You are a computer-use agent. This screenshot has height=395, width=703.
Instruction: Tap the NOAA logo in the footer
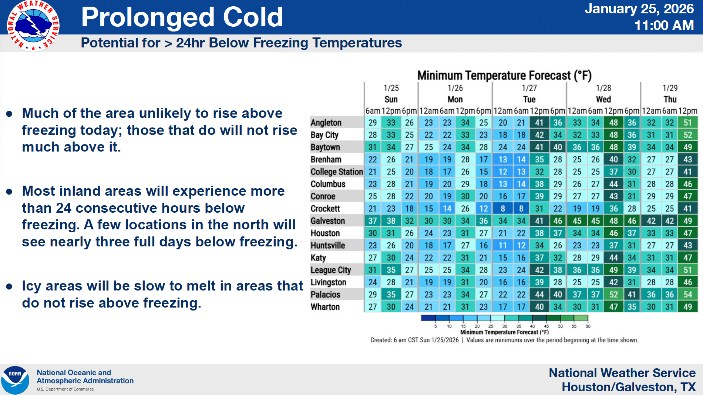pos(15,380)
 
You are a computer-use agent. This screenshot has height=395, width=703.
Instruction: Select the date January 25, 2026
pos(639,9)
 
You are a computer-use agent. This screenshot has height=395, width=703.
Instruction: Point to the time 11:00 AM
pos(664,26)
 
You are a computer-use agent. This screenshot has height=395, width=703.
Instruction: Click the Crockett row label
pos(325,209)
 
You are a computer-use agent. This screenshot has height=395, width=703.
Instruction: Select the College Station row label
pos(337,172)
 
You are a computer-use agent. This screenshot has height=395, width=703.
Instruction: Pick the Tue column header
pos(529,99)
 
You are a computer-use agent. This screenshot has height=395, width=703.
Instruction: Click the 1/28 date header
pos(603,88)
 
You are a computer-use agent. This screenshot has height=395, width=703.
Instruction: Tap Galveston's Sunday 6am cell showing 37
pos(373,221)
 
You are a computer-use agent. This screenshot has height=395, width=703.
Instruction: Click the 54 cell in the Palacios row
pos(687,295)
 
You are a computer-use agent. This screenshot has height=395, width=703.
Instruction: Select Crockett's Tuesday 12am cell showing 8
pos(502,209)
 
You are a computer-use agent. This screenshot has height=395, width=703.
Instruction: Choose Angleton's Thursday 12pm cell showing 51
pos(687,123)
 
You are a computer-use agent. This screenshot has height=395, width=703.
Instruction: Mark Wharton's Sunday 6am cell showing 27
pos(373,307)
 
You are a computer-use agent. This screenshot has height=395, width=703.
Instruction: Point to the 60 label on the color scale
pos(588,326)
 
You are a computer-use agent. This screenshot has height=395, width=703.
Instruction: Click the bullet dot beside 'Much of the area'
pos(10,114)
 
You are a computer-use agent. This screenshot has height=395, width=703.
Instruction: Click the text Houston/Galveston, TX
pos(629,387)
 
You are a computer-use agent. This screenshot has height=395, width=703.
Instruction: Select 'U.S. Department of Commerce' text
pos(65,389)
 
